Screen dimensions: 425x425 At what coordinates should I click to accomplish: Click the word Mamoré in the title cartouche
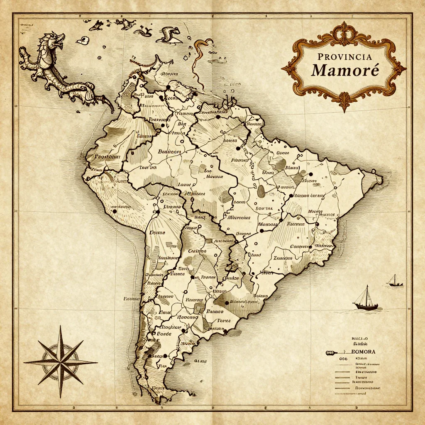[345, 69]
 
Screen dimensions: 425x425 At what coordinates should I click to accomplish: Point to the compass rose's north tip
[61, 327]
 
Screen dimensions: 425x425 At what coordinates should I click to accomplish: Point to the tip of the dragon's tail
[112, 111]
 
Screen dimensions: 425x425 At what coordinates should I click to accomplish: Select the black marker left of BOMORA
[330, 352]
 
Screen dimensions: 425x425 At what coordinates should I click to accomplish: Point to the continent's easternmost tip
[381, 179]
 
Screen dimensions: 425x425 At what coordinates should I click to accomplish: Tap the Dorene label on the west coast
[157, 232]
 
